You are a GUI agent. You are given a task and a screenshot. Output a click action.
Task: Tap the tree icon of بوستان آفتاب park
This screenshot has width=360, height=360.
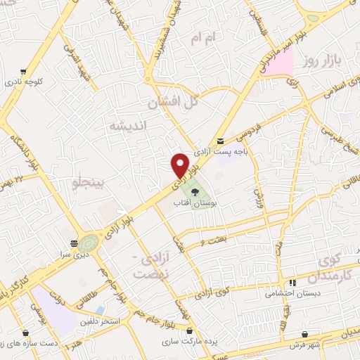tap(193, 189)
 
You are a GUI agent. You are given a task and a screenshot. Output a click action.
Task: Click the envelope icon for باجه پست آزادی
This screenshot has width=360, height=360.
tap(221, 140)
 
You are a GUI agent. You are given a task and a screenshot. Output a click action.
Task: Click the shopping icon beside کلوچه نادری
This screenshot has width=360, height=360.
tap(24, 71)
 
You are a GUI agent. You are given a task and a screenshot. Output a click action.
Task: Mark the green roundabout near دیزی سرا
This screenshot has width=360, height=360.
tap(89, 243)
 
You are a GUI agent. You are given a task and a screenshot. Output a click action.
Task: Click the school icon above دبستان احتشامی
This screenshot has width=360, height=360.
tap(283, 283)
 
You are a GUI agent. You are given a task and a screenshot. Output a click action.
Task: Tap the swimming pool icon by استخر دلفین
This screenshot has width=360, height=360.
tap(101, 309)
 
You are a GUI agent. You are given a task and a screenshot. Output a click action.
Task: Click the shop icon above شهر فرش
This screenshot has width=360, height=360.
tap(305, 334)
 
